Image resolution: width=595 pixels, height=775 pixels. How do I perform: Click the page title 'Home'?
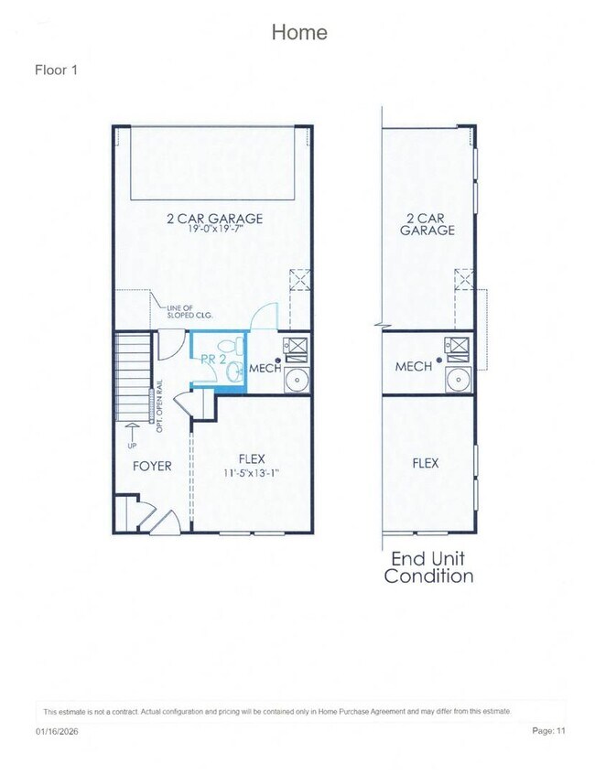tap(298, 32)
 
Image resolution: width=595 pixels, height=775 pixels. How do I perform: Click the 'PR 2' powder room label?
tap(212, 360)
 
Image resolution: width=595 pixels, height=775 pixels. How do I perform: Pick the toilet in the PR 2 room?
tap(237, 347)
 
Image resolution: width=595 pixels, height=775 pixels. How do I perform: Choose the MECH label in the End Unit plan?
tap(413, 366)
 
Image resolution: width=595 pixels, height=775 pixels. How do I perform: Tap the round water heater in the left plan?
tap(297, 381)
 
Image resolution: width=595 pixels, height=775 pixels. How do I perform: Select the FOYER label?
tap(151, 466)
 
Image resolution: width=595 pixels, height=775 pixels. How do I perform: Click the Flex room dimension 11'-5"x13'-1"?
tap(251, 473)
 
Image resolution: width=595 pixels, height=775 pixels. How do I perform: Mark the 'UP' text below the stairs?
tap(132, 446)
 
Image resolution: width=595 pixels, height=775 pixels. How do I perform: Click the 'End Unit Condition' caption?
tap(429, 567)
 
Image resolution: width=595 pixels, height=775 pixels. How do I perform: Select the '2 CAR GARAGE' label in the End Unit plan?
tap(427, 224)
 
